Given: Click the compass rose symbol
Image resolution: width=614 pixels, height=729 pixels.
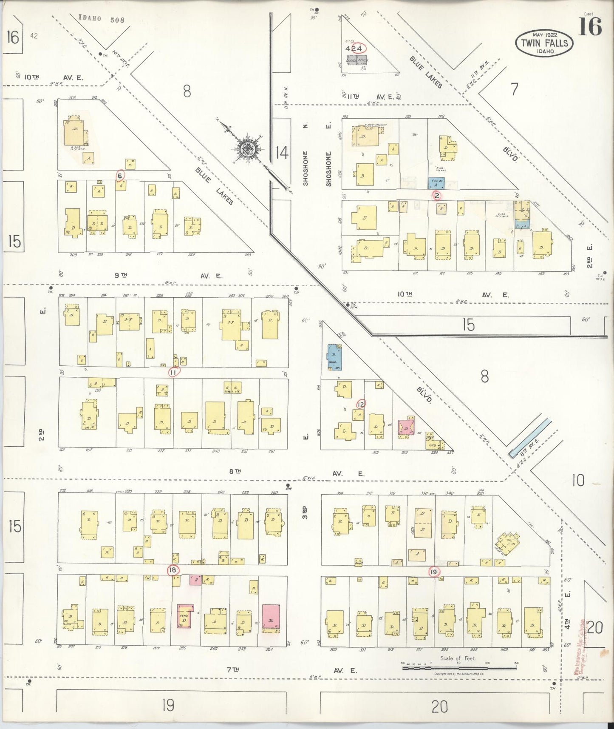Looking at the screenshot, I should tap(247, 149).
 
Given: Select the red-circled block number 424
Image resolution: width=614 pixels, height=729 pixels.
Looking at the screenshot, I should tap(354, 48).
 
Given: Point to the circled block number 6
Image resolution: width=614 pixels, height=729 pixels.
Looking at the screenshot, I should tap(120, 175).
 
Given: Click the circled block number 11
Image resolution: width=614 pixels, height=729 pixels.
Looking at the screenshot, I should tap(173, 372).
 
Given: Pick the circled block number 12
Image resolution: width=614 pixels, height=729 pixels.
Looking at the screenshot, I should tap(361, 404).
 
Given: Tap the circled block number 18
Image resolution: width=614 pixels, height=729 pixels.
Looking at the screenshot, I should tap(173, 570).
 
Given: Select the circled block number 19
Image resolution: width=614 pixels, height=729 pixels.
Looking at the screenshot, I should tap(434, 572).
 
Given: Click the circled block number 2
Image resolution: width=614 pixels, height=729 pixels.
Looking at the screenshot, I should tap(437, 196).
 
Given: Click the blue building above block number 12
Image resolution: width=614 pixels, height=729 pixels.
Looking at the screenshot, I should tap(334, 357).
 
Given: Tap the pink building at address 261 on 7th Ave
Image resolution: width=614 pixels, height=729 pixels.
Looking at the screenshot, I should tap(271, 617).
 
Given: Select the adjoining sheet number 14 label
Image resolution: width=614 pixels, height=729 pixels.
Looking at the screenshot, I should tap(282, 152).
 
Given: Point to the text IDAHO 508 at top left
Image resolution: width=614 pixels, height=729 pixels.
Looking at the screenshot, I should tap(102, 19).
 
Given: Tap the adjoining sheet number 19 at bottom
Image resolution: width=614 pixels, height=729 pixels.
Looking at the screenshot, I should tap(168, 706).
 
